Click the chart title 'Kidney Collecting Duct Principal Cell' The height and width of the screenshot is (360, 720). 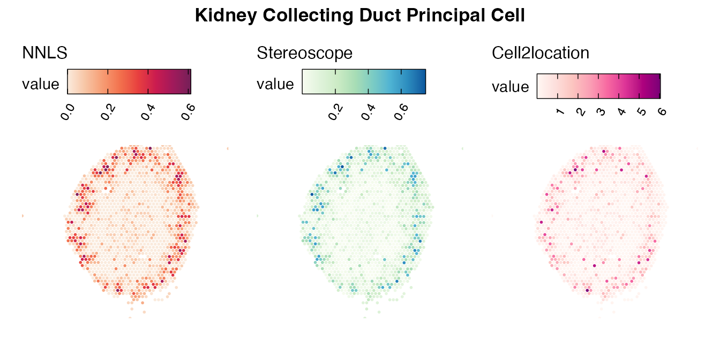pos(359,16)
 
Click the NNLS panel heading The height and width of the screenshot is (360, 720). pos(44,53)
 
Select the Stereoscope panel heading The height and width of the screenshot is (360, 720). pos(305,53)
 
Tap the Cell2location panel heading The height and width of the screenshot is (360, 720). pos(541,53)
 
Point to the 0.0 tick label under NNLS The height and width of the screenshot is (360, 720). pos(68,113)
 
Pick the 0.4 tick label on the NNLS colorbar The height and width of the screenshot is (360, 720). pos(149,113)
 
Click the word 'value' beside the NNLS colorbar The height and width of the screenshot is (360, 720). pos(41,84)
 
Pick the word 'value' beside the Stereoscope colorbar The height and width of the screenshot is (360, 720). pos(275,84)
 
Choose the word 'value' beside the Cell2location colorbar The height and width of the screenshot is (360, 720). pos(511,87)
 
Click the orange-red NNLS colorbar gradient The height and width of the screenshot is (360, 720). pos(129,81)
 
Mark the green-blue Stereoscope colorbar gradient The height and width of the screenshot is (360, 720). pos(364,81)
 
